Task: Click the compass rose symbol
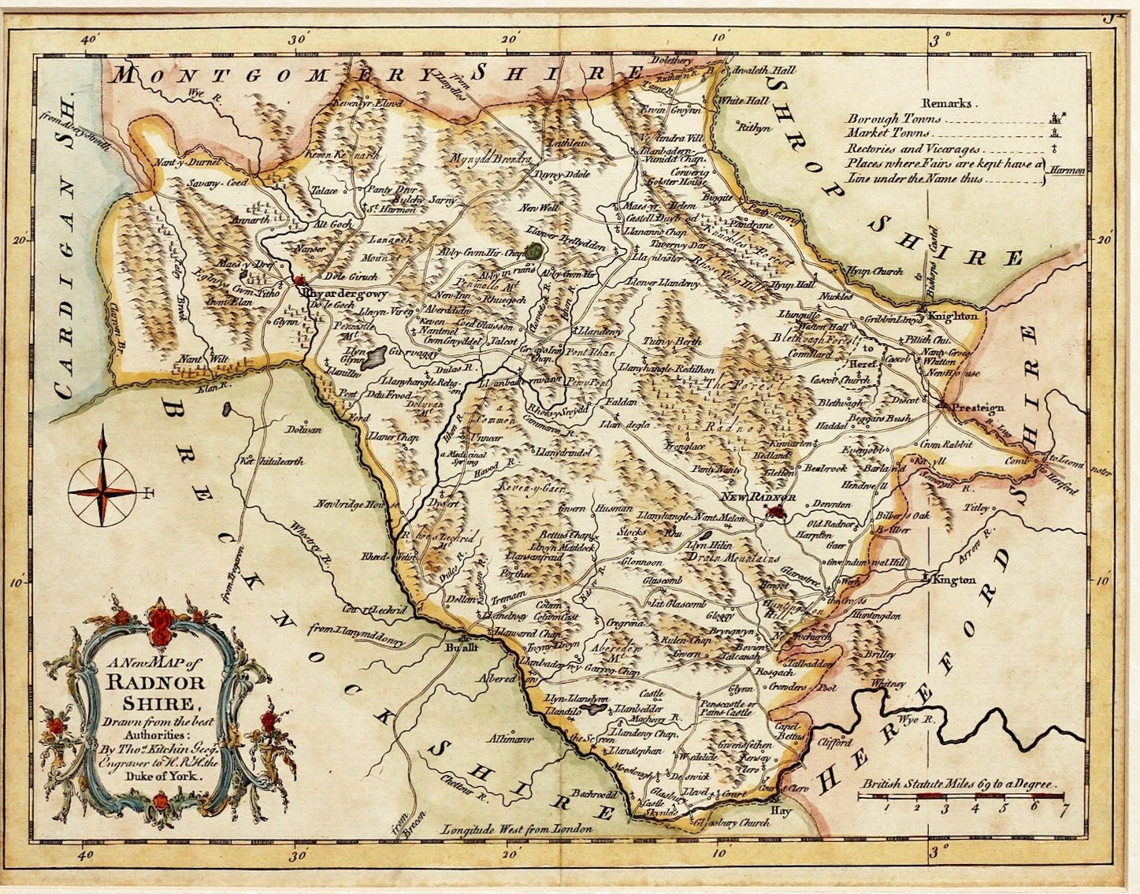[x=102, y=492]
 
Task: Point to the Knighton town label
[x=952, y=316]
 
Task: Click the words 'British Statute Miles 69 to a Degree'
[x=959, y=785]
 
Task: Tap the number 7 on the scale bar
[x=1064, y=807]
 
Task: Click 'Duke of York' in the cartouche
[x=168, y=774]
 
